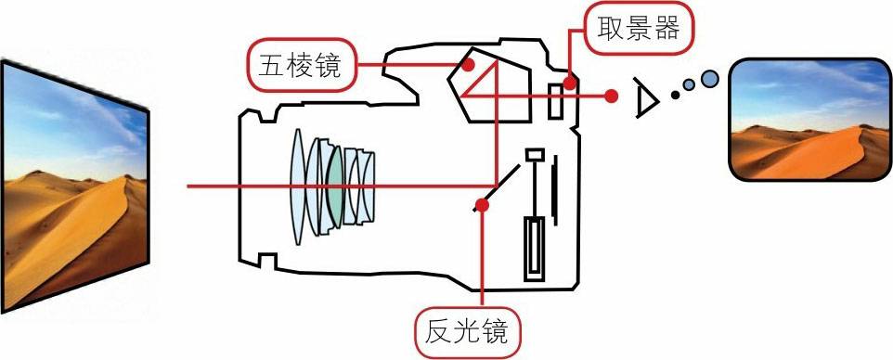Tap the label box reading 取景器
(x=638, y=29)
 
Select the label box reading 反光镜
(x=466, y=333)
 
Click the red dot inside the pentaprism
(x=468, y=65)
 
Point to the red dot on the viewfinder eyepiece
(x=570, y=84)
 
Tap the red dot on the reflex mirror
(x=482, y=204)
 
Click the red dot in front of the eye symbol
(x=612, y=96)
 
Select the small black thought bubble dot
(x=676, y=96)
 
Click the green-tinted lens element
(x=335, y=186)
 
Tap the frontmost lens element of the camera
(x=297, y=186)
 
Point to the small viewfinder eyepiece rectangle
(x=556, y=101)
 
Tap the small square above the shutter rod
(x=535, y=154)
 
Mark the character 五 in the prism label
(x=269, y=66)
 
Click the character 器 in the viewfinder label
(x=667, y=28)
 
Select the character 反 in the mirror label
(x=437, y=333)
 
